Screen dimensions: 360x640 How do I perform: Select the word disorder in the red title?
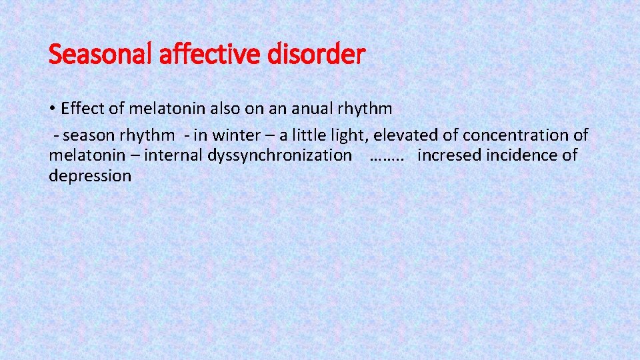click(316, 54)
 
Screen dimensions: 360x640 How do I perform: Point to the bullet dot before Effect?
click(53, 109)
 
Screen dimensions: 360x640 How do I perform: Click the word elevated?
click(406, 135)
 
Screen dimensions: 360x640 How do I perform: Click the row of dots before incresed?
click(386, 157)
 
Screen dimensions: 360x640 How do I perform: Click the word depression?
click(90, 176)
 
